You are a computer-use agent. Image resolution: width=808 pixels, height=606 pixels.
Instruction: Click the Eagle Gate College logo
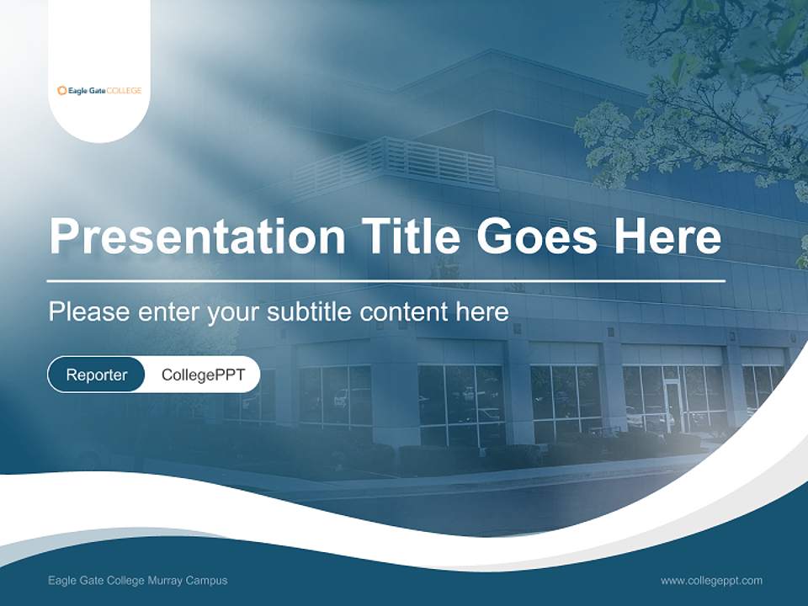[98, 90]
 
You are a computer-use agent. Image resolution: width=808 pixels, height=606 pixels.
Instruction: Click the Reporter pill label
[97, 375]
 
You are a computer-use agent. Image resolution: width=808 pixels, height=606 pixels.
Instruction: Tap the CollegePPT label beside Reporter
[203, 375]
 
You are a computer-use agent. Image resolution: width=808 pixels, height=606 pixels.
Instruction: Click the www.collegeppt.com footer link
[711, 580]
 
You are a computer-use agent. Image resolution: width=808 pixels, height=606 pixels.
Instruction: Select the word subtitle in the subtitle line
[310, 312]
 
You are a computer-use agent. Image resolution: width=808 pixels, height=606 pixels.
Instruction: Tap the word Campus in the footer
[209, 580]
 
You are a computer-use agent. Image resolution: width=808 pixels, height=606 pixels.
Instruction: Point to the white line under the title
[385, 280]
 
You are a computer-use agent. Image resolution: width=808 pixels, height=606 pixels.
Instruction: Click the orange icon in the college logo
[61, 90]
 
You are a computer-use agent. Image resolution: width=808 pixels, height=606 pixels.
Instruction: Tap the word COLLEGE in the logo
[125, 90]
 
